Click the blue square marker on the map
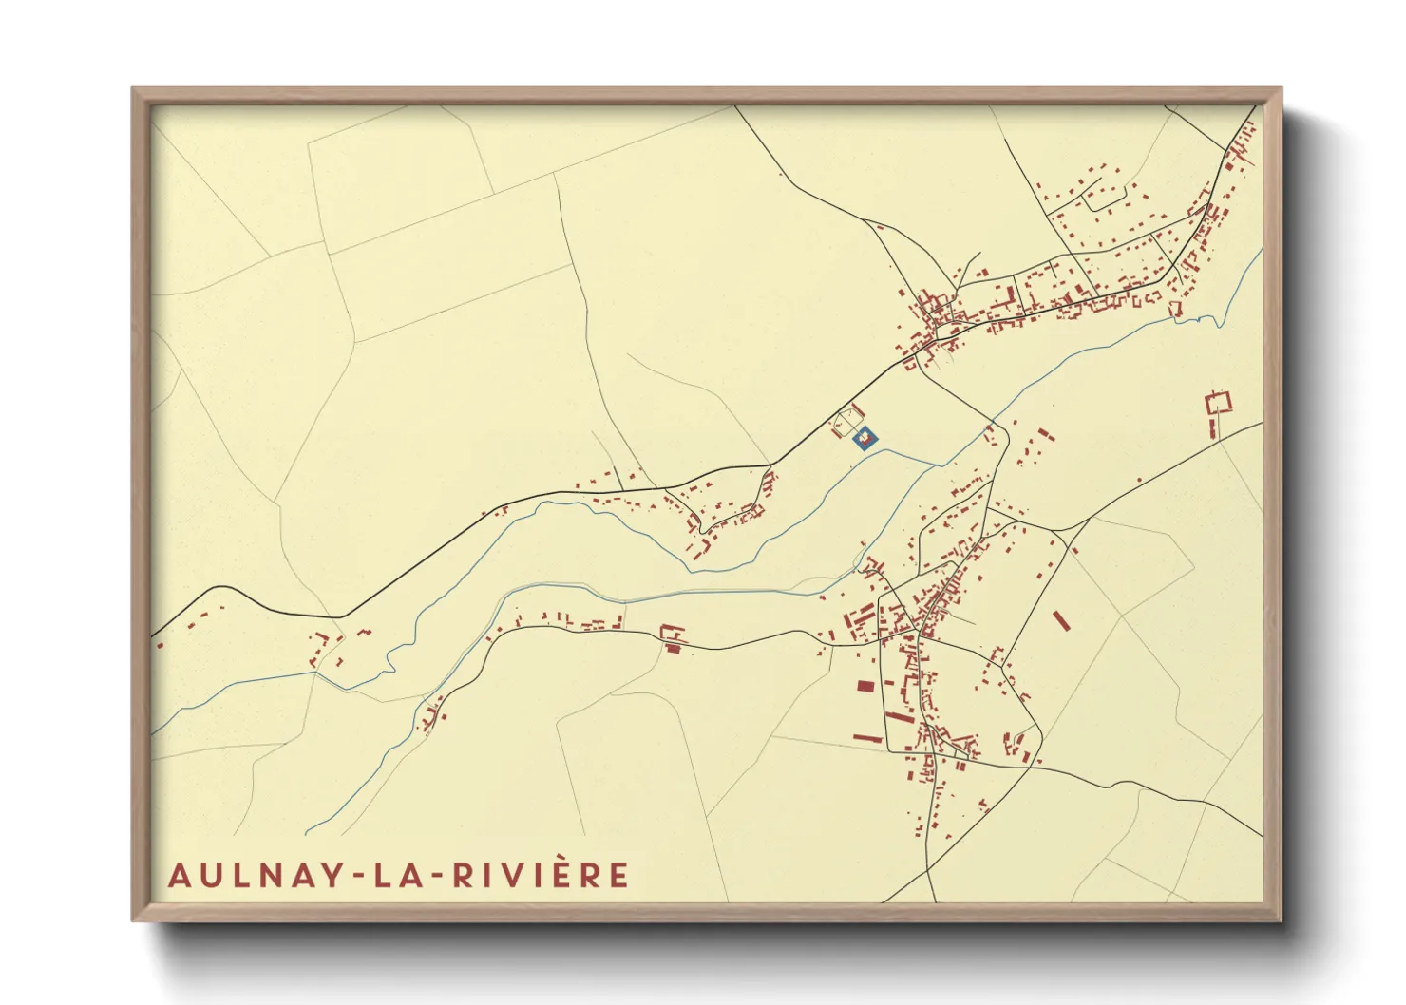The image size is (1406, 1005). click(865, 439)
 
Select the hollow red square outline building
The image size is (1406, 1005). click(1217, 402)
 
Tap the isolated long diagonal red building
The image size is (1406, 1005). click(1061, 619)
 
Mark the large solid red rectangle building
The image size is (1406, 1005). click(864, 686)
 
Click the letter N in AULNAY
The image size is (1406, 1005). click(265, 875)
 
